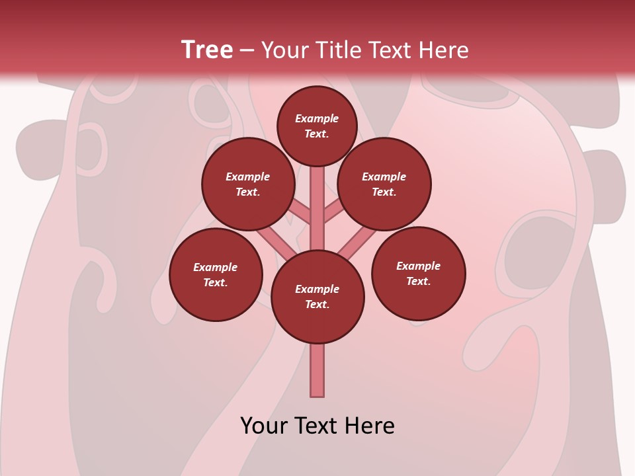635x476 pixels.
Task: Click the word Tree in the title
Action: [x=207, y=50]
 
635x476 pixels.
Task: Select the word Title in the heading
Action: [x=336, y=50]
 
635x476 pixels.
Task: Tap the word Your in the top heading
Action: [x=286, y=50]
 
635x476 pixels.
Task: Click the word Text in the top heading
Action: [x=389, y=50]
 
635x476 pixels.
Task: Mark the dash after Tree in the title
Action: [x=247, y=51]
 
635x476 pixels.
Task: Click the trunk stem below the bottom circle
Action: [x=317, y=370]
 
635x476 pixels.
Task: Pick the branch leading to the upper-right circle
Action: [x=335, y=212]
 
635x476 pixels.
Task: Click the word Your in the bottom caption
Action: [x=264, y=426]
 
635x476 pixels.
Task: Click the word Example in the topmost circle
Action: [x=317, y=119]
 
